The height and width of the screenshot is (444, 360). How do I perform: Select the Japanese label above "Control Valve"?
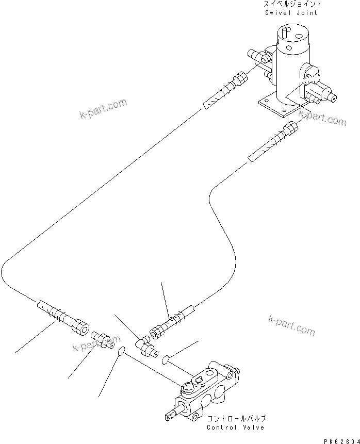point(237,419)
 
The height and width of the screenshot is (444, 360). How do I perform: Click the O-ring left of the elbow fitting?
point(121,352)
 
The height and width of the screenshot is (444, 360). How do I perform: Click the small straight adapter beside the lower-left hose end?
point(103,340)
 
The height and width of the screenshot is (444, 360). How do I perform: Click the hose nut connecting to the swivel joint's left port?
point(239,79)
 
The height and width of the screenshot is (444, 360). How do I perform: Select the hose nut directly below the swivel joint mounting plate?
point(290,127)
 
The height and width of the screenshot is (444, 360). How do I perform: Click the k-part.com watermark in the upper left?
point(103,109)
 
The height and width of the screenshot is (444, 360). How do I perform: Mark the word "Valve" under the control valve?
point(254,427)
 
